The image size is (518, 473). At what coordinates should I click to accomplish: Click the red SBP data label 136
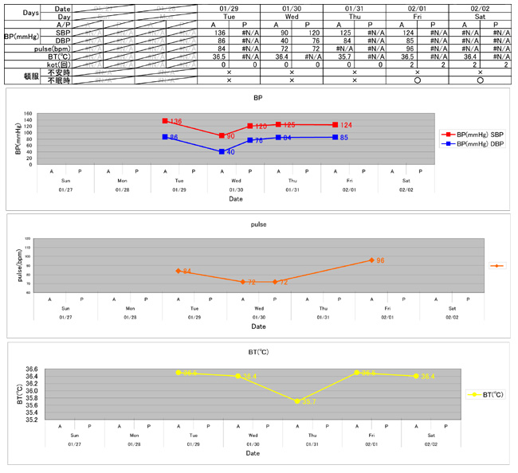point(176,122)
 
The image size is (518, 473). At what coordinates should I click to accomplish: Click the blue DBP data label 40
point(230,151)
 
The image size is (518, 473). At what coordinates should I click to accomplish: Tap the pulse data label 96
point(380,260)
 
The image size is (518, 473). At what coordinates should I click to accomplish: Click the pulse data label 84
point(186,272)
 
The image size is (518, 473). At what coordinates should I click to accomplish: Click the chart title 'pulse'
point(258,225)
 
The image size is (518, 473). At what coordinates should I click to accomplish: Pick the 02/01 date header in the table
point(417,8)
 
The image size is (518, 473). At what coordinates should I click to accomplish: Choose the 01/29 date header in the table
point(229,8)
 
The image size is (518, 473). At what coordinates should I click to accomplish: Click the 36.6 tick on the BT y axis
point(31,369)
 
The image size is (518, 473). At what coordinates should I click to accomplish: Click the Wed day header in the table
point(291,17)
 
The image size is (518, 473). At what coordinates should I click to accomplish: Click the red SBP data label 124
point(347,126)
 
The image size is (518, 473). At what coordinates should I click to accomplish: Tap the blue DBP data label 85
point(343,138)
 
